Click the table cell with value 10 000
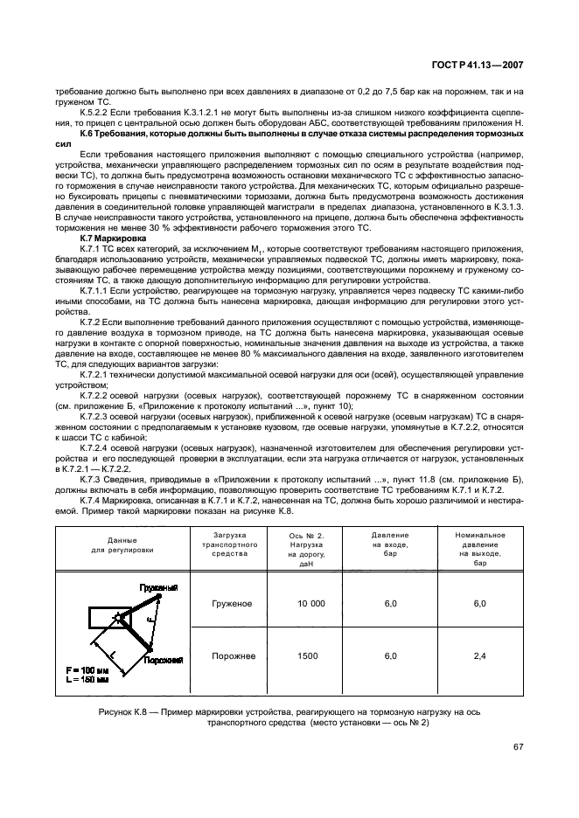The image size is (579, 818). (x=310, y=604)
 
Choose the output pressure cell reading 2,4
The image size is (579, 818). (x=478, y=655)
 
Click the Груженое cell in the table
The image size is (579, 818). (x=232, y=604)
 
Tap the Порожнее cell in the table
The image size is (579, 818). (x=232, y=655)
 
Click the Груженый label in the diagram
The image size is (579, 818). (x=159, y=588)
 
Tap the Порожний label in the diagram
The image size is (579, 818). (x=164, y=661)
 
